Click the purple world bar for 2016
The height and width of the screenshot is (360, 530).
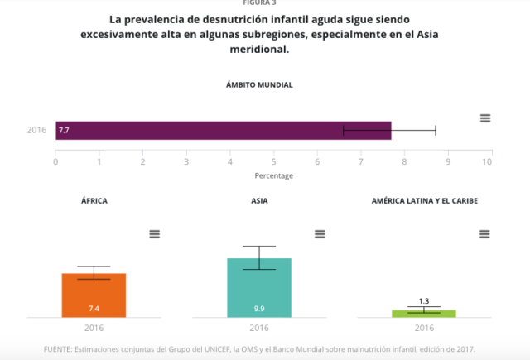[x=223, y=131]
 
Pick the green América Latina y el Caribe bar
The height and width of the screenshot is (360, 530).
[x=424, y=313]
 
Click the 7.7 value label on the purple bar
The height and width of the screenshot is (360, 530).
[x=64, y=131]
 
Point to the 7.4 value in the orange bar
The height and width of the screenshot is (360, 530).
[x=94, y=308]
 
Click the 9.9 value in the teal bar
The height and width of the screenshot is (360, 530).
[x=259, y=308]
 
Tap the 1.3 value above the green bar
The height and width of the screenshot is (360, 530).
[x=424, y=301]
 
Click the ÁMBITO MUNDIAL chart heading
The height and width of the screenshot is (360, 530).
[x=259, y=85]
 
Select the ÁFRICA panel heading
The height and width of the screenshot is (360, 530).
[x=94, y=201]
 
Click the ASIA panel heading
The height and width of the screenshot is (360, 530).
[x=259, y=201]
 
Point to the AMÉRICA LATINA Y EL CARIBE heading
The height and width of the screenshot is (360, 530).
[x=424, y=201]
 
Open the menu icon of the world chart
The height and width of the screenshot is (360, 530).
[x=485, y=118]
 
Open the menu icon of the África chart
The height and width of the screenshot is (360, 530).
[x=154, y=234]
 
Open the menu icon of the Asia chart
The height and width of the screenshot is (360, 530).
[x=320, y=234]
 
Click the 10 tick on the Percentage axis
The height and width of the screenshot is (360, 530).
[x=487, y=161]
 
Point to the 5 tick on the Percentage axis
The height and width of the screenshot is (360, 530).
[x=274, y=161]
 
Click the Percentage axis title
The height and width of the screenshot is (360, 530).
[x=273, y=175]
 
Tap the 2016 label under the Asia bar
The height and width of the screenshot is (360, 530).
[x=259, y=328]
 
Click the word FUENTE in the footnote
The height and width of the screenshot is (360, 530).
[x=60, y=348]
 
